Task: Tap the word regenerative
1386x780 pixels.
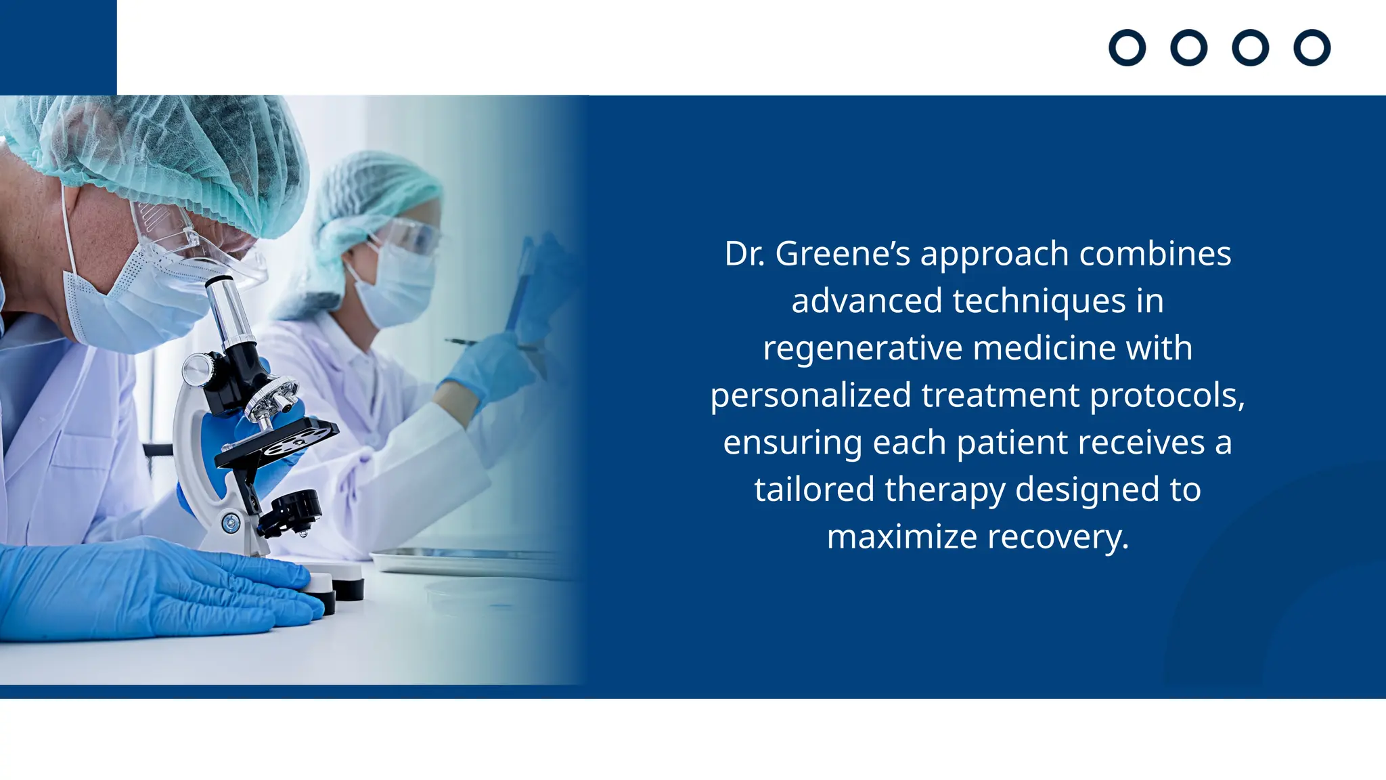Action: click(x=863, y=349)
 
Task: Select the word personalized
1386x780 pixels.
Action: click(x=810, y=395)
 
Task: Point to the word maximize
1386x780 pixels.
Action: click(x=902, y=537)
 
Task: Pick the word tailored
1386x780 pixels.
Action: click(x=814, y=490)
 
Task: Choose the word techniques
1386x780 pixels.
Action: click(x=1039, y=301)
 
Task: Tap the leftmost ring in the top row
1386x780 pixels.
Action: click(x=1127, y=48)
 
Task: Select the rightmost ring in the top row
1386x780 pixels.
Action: click(x=1312, y=48)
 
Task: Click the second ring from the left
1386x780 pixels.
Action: click(x=1188, y=48)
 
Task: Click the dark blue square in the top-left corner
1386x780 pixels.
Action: click(x=58, y=47)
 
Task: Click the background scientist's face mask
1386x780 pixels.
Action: click(x=396, y=284)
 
